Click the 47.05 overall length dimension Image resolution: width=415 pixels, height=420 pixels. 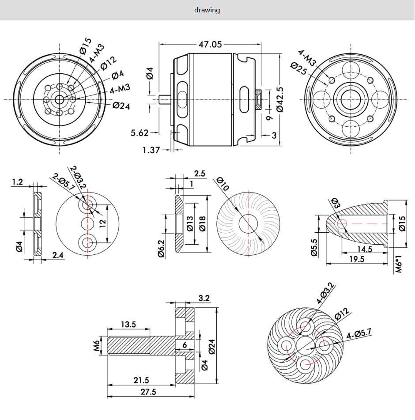pos(211,45)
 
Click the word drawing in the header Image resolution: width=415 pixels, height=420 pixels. pos(207,10)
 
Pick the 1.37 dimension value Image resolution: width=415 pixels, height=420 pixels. pos(151,150)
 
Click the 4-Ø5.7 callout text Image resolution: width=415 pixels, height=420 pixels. pos(358,333)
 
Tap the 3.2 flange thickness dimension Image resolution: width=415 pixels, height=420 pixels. pos(204,299)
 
